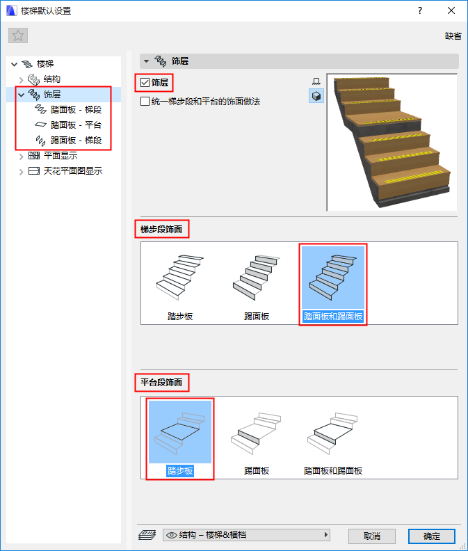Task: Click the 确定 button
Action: (431, 536)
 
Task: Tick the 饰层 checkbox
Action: (145, 83)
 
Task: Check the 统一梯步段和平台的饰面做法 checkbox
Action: (145, 102)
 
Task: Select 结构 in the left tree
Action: (51, 79)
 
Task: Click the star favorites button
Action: (18, 35)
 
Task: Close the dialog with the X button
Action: (451, 10)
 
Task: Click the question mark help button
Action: (420, 10)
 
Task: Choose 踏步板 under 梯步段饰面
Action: (180, 284)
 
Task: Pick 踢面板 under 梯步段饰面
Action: (257, 284)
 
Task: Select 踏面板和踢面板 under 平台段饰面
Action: (333, 438)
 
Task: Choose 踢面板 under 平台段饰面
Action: (257, 438)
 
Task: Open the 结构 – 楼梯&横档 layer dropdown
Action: (247, 535)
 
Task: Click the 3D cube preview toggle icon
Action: (316, 96)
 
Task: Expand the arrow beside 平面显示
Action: (21, 157)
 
